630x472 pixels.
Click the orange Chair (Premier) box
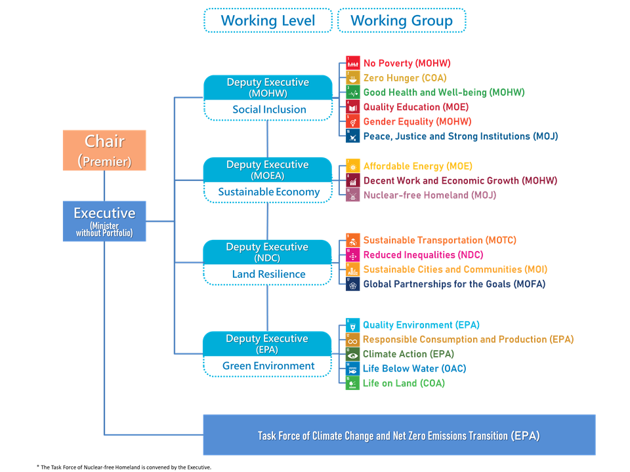coord(104,150)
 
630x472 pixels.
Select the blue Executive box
coord(104,221)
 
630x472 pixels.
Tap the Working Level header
coord(268,20)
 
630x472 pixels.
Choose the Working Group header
coord(402,20)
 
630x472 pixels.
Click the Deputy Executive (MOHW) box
coord(268,87)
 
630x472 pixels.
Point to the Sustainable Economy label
coord(269,192)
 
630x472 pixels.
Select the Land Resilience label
coord(268,274)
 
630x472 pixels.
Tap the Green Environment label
coord(268,366)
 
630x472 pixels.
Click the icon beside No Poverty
coord(353,64)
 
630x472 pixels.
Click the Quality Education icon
coord(353,107)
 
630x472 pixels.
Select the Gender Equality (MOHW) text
coord(417,121)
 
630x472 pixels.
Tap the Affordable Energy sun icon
coord(353,167)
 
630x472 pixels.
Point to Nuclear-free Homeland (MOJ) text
coord(429,195)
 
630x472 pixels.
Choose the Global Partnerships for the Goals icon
coord(353,284)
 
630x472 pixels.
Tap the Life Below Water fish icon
coord(353,369)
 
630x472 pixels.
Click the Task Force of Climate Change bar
coord(399,435)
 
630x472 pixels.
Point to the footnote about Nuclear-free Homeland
coord(124,467)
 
